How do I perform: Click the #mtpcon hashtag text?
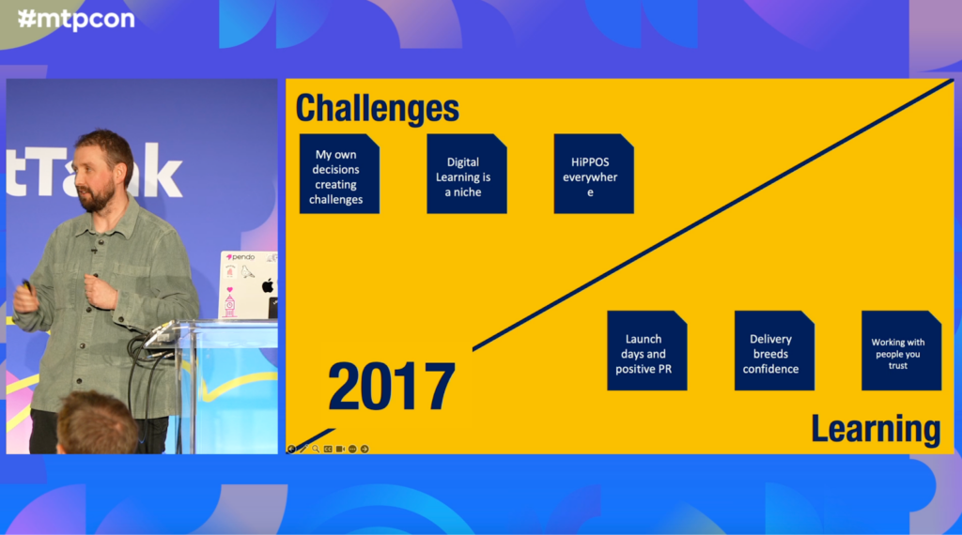point(77,19)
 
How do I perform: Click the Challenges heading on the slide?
point(378,109)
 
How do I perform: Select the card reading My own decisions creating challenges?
point(339,174)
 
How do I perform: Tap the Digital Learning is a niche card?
point(467,174)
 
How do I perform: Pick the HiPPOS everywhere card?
point(594,174)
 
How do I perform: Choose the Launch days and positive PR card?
point(647,350)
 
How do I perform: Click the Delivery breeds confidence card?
point(774,350)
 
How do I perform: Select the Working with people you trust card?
point(901,350)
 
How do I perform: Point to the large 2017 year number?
point(392,386)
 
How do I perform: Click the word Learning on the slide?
point(876,428)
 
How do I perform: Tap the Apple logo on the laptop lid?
point(268,285)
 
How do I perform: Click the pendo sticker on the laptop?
point(241,257)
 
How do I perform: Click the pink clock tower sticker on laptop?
point(229,305)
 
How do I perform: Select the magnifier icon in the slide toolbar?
point(316,450)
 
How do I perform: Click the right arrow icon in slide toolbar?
point(365,450)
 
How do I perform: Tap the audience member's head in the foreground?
point(97,423)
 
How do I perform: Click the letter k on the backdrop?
point(159,171)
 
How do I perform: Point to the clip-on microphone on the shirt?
point(94,251)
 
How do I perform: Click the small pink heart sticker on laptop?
point(230,289)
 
